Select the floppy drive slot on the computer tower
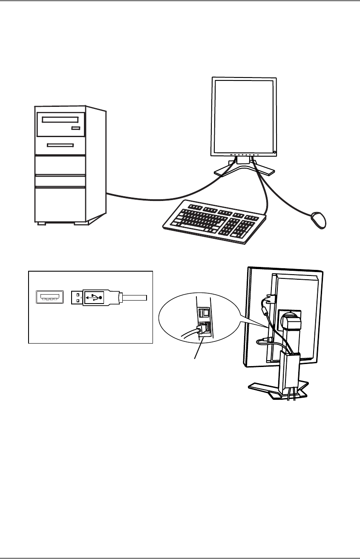click(x=60, y=145)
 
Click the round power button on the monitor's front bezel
click(x=275, y=152)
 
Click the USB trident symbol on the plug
click(x=94, y=297)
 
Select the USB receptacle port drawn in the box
click(x=48, y=297)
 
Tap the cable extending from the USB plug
click(x=134, y=296)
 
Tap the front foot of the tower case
click(x=41, y=223)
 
